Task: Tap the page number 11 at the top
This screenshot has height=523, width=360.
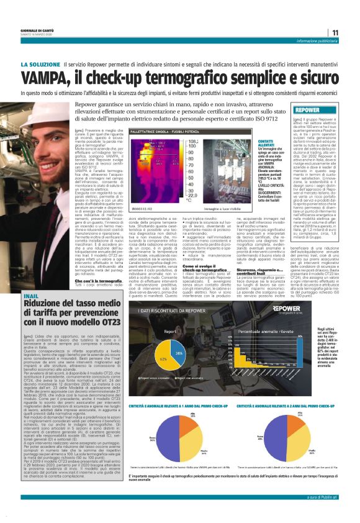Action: click(335, 33)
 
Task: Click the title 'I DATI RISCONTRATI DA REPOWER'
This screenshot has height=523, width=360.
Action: click(171, 310)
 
